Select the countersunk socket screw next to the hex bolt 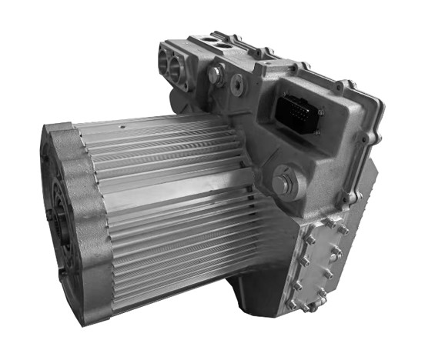(x=237, y=83)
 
